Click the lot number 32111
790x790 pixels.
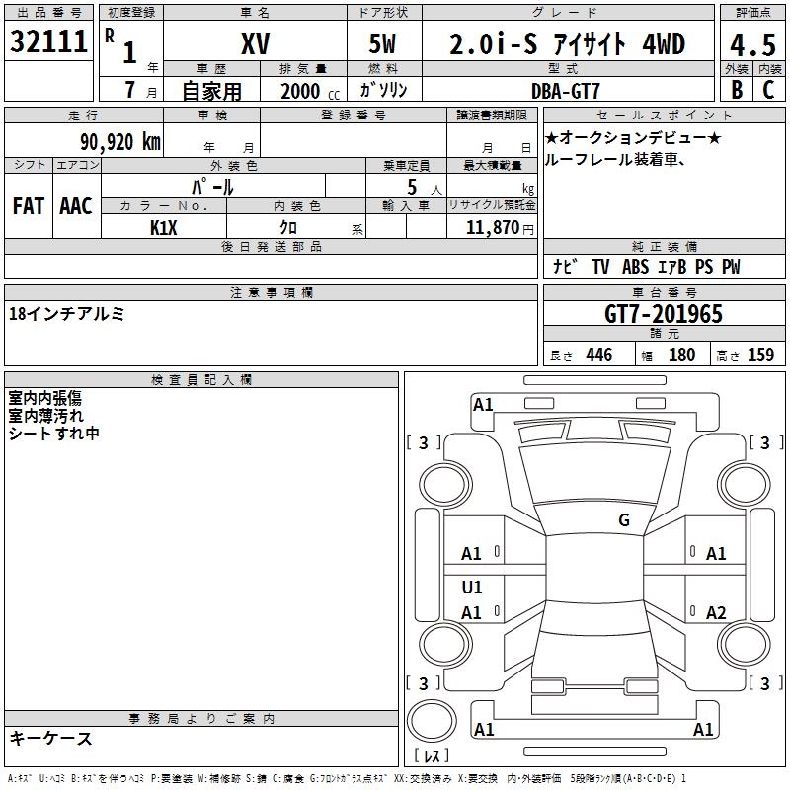click(x=49, y=42)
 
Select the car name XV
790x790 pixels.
click(x=255, y=42)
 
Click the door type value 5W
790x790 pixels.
click(x=384, y=43)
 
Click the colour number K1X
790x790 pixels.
click(x=164, y=228)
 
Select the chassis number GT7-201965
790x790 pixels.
click(x=664, y=314)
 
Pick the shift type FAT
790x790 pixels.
click(x=29, y=206)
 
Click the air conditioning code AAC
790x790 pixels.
click(x=76, y=206)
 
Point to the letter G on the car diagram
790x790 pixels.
click(x=624, y=520)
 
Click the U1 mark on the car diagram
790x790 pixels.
click(x=472, y=588)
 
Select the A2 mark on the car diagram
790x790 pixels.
click(x=716, y=613)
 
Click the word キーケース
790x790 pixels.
click(x=50, y=738)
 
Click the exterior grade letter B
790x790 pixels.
click(x=736, y=90)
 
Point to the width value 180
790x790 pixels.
click(x=681, y=355)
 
